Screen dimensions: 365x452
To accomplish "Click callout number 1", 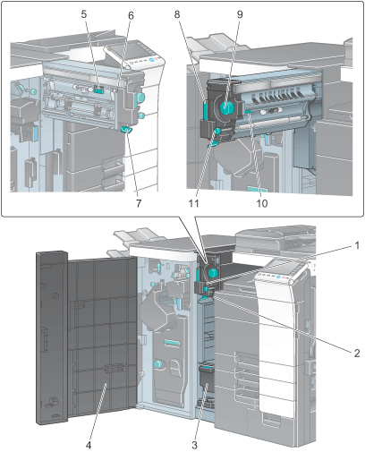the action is click(x=357, y=246).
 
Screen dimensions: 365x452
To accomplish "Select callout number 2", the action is click(x=357, y=354).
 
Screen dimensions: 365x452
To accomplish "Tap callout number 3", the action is click(x=194, y=445).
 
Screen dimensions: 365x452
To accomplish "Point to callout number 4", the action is click(x=89, y=445).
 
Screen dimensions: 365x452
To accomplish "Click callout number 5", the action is click(x=84, y=14).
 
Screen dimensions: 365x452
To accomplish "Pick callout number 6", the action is click(x=131, y=16).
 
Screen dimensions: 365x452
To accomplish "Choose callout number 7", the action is click(x=139, y=203).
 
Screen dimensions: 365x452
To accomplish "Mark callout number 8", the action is click(x=177, y=14).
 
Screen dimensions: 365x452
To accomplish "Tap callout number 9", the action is click(x=240, y=14).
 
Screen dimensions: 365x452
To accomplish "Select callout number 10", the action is click(x=262, y=203).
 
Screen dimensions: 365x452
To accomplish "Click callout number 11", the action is click(x=193, y=203).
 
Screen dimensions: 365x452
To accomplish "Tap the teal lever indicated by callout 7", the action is click(x=126, y=130).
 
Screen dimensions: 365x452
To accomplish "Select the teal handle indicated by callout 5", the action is click(x=98, y=90).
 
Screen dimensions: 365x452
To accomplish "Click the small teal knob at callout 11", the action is click(x=217, y=131).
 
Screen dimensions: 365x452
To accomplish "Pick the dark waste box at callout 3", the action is click(x=208, y=379).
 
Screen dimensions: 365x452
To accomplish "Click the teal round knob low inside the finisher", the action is click(x=158, y=363).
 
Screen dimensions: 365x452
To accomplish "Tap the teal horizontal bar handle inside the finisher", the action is click(x=173, y=342).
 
